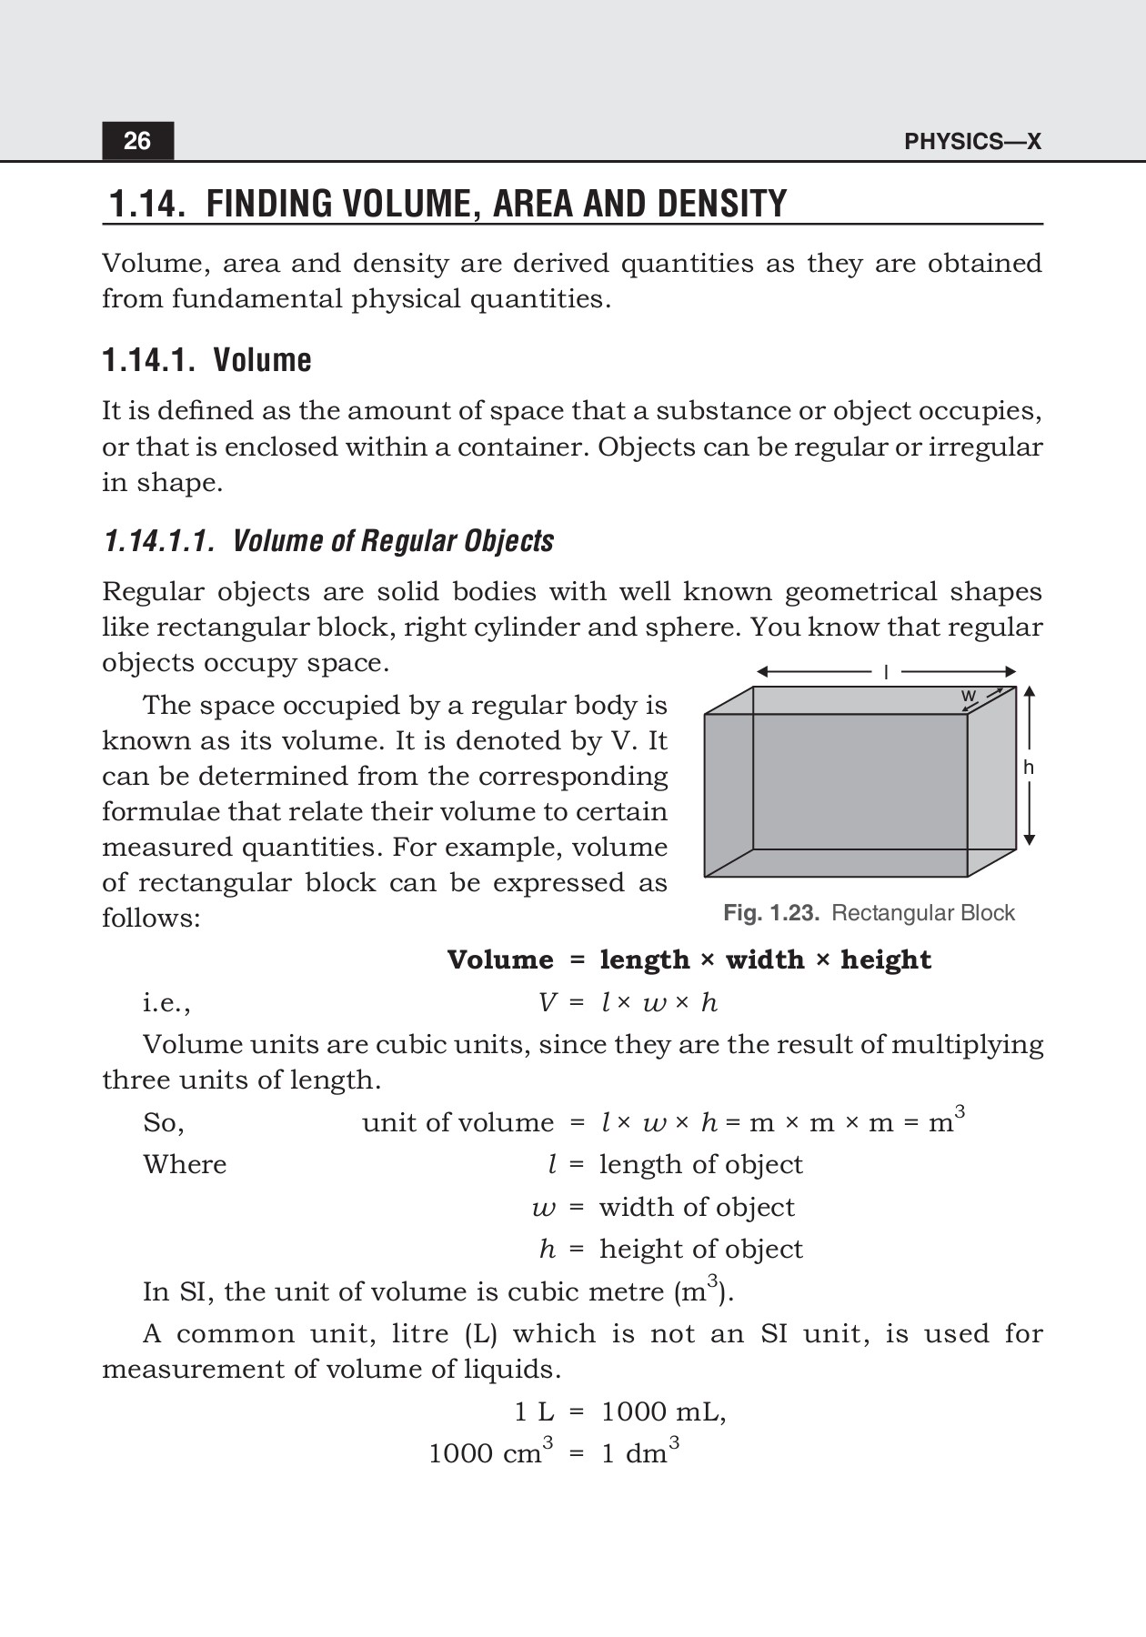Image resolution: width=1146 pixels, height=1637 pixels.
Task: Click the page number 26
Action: click(137, 141)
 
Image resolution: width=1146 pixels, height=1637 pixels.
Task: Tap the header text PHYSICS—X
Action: click(972, 142)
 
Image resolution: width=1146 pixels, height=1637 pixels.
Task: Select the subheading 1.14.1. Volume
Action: click(206, 360)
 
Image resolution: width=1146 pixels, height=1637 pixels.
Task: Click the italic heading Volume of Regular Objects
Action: click(393, 541)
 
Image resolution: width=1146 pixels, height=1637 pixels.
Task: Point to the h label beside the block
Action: click(1029, 768)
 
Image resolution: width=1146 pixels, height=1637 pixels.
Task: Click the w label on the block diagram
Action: click(969, 696)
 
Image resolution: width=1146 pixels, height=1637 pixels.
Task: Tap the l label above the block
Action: click(886, 672)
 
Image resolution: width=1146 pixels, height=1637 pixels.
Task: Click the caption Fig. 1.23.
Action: click(771, 913)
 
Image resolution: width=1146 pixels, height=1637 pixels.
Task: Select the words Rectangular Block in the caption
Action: click(922, 913)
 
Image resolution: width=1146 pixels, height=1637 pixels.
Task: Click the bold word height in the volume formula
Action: click(886, 960)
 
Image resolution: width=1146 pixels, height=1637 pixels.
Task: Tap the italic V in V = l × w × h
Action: click(547, 1003)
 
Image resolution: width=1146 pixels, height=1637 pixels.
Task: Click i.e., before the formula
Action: click(166, 1003)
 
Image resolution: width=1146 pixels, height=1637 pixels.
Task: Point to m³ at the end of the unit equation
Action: click(946, 1121)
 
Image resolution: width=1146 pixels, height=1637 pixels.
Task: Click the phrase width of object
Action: click(697, 1208)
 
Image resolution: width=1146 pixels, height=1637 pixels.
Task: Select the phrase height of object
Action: click(700, 1250)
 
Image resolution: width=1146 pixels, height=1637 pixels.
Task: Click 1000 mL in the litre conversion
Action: click(663, 1412)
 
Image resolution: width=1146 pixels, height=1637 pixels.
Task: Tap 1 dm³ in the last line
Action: click(639, 1452)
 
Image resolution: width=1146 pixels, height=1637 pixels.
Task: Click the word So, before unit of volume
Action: click(164, 1123)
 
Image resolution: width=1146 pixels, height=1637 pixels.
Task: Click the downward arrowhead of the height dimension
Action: click(1029, 840)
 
